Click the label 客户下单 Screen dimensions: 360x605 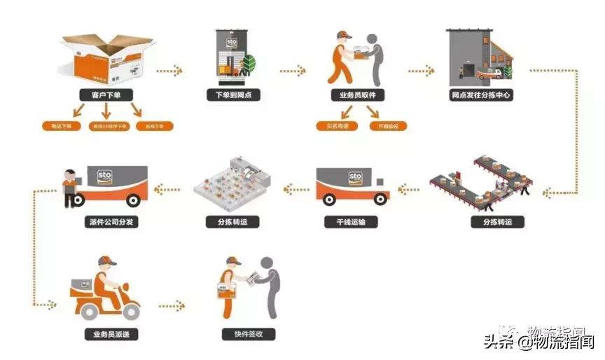point(106,94)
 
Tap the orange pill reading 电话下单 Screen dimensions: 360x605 point(62,127)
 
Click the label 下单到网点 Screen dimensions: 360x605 point(233,94)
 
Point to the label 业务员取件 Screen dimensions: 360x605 point(358,94)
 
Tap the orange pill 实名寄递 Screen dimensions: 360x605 point(337,126)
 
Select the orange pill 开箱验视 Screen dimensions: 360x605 point(387,126)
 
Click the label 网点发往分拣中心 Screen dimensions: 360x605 point(481,94)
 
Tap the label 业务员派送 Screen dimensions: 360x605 point(106,334)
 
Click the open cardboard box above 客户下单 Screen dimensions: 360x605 point(106,56)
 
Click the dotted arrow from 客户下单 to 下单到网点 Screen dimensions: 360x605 point(169,71)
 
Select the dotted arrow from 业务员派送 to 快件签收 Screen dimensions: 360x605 point(172,306)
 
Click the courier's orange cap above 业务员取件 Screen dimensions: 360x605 point(343,35)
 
